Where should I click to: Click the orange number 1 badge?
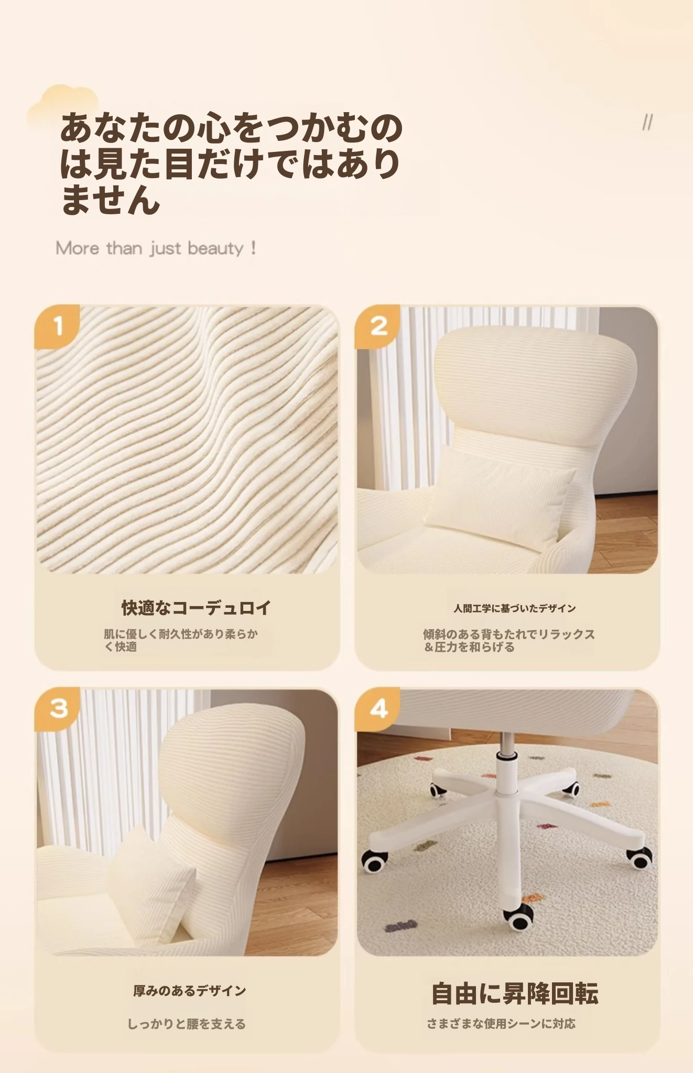click(x=57, y=326)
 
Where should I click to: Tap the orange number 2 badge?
click(x=377, y=326)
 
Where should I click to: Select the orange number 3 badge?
click(x=57, y=709)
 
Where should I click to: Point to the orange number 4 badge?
click(x=377, y=709)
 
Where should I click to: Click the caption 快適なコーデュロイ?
click(x=197, y=608)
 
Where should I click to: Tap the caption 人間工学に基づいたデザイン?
click(x=515, y=608)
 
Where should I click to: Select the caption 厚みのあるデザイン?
click(x=190, y=991)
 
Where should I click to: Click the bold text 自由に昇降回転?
click(x=515, y=994)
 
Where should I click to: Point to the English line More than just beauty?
click(x=156, y=248)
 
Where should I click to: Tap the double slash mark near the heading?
click(x=647, y=123)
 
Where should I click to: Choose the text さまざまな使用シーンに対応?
click(x=501, y=1023)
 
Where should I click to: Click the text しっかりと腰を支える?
click(x=187, y=1024)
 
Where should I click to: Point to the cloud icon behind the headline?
click(x=63, y=105)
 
